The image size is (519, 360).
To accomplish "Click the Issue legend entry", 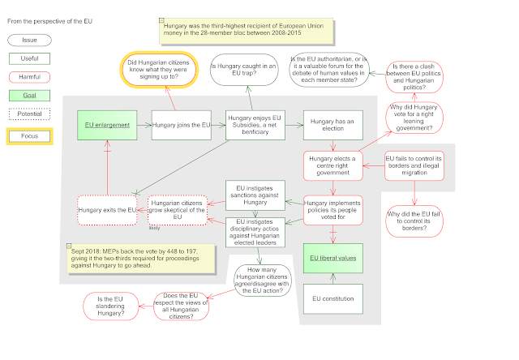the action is [29, 40].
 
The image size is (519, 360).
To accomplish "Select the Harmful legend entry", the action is [29, 77].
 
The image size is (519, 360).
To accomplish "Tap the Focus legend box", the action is [29, 136].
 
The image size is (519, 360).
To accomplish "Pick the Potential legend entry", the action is [29, 114].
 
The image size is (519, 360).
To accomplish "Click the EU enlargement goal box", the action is [107, 125].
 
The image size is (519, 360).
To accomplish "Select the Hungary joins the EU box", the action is [182, 125].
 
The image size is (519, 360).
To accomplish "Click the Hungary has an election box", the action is [333, 125].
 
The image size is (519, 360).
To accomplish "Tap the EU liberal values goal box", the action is [333, 259].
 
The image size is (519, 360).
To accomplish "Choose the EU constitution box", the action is [333, 299].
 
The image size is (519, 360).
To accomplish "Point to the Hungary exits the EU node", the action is [107, 210].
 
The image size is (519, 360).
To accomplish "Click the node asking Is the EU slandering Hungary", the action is [110, 306].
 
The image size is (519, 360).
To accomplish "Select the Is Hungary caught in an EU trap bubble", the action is [244, 70].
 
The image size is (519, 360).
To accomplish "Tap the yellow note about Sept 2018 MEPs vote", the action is [141, 259].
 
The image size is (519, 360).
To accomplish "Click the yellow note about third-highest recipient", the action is [247, 31].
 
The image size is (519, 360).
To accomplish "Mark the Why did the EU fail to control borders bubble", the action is [414, 221].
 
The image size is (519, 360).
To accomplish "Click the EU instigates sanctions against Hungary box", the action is [255, 195].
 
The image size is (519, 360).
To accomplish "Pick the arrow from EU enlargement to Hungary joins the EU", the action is [144, 125].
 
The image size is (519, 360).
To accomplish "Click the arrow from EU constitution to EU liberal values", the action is [333, 279].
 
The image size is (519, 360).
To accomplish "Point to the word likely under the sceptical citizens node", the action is [154, 228].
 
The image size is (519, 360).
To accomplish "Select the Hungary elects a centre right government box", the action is [333, 165].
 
